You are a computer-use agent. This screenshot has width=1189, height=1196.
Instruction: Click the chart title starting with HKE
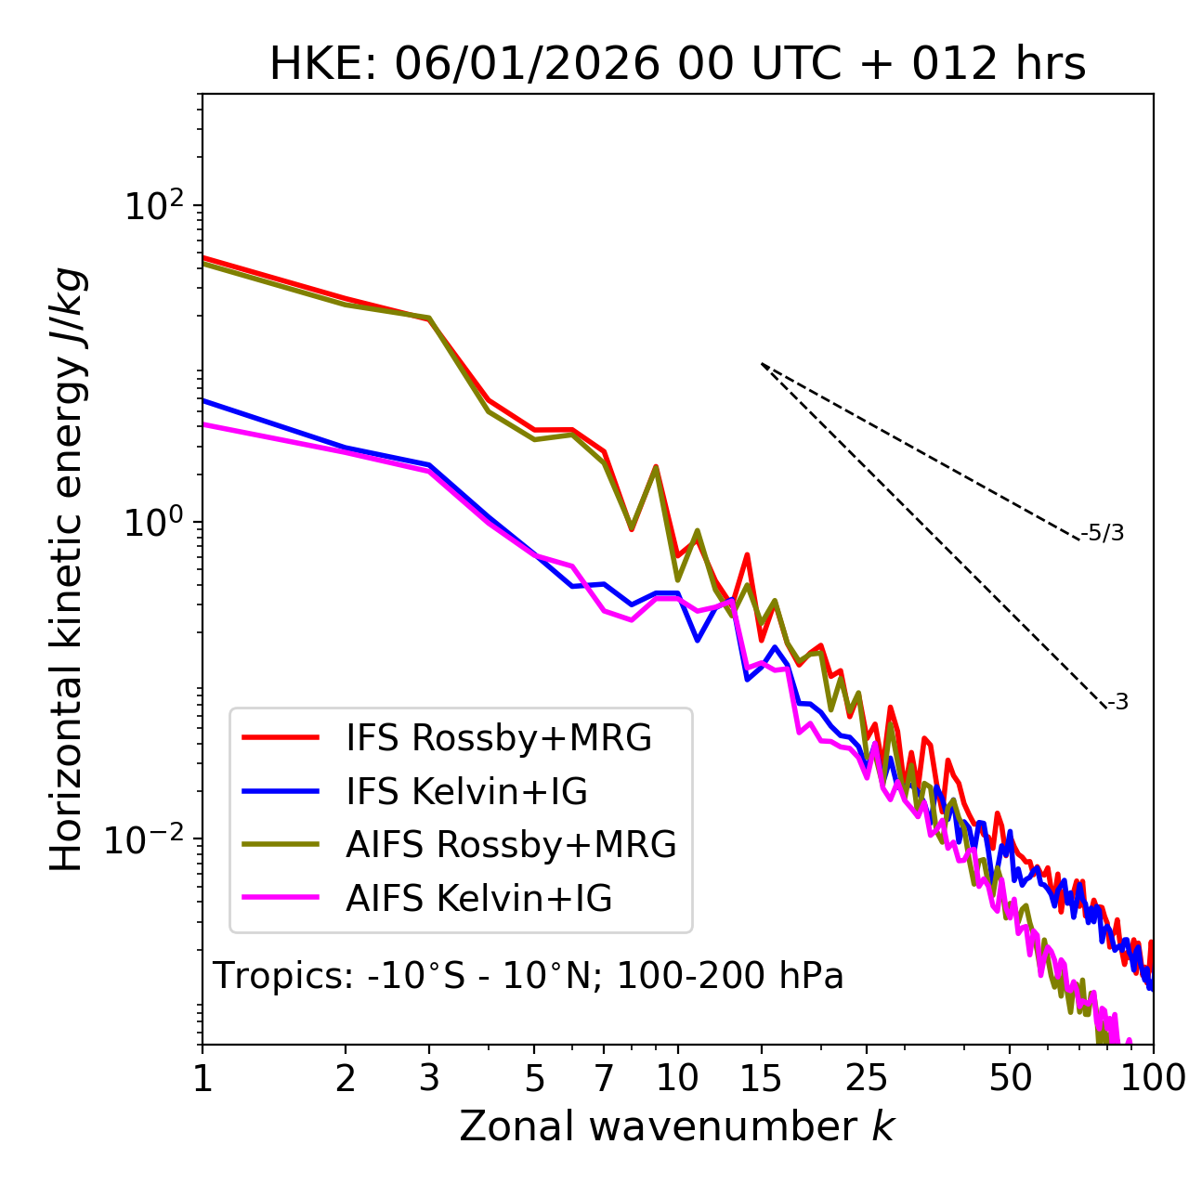[677, 65]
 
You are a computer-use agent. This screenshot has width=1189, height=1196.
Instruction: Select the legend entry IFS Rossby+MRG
[498, 738]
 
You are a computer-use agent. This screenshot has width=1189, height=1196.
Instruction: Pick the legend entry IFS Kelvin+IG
[466, 792]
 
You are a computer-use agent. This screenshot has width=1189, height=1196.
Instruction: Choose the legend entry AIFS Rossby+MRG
[510, 845]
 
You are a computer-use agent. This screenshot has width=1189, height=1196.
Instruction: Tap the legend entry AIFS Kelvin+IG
[478, 899]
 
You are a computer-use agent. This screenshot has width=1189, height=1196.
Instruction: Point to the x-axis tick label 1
[203, 1078]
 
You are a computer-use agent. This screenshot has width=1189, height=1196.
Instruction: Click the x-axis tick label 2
[346, 1078]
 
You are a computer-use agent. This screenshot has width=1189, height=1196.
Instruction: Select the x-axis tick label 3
[429, 1078]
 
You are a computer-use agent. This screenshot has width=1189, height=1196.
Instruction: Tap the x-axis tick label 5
[534, 1078]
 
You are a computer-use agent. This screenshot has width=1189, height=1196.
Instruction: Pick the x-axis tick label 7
[604, 1078]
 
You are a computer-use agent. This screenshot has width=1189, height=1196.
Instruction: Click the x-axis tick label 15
[762, 1078]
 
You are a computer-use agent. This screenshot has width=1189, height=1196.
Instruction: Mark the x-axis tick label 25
[867, 1078]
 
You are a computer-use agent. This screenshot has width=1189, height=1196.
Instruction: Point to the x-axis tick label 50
[1010, 1078]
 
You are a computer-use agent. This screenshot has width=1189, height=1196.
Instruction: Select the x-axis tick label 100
[1153, 1078]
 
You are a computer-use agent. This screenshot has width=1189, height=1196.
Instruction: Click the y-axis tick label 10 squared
[152, 206]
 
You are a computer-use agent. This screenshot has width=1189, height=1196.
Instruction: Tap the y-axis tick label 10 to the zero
[152, 523]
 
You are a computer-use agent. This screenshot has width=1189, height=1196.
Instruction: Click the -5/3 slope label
[1103, 533]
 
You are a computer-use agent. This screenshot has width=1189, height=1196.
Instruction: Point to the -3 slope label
[1117, 703]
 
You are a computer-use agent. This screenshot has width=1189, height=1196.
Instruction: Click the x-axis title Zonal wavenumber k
[677, 1126]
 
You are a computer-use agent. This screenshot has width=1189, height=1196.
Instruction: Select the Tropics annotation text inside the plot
[529, 977]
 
